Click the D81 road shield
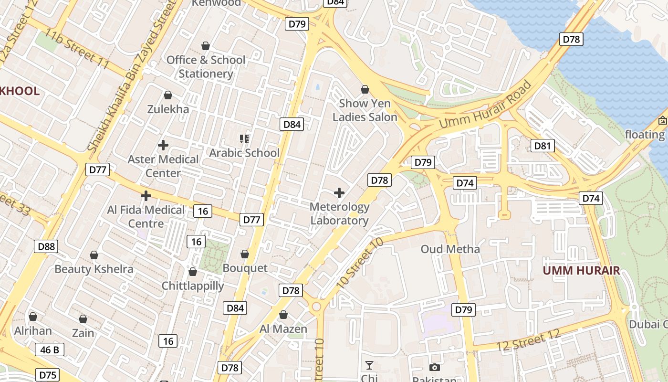tap(543, 146)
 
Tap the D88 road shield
tap(46, 246)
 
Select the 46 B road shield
tap(50, 350)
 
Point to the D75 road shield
tap(48, 375)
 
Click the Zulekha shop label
tap(168, 109)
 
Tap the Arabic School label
tap(244, 153)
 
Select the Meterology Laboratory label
tap(339, 213)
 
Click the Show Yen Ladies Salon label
tap(365, 110)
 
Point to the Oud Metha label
tap(450, 249)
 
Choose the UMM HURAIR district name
tap(582, 270)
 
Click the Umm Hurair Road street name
tap(485, 105)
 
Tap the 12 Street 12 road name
tap(528, 340)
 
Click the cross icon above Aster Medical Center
tap(163, 145)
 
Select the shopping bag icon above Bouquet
tap(245, 254)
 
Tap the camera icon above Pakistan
tap(434, 367)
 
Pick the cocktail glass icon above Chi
tap(369, 366)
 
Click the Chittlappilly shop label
tap(193, 286)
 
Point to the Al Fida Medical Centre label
tap(146, 216)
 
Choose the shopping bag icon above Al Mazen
tap(283, 315)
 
